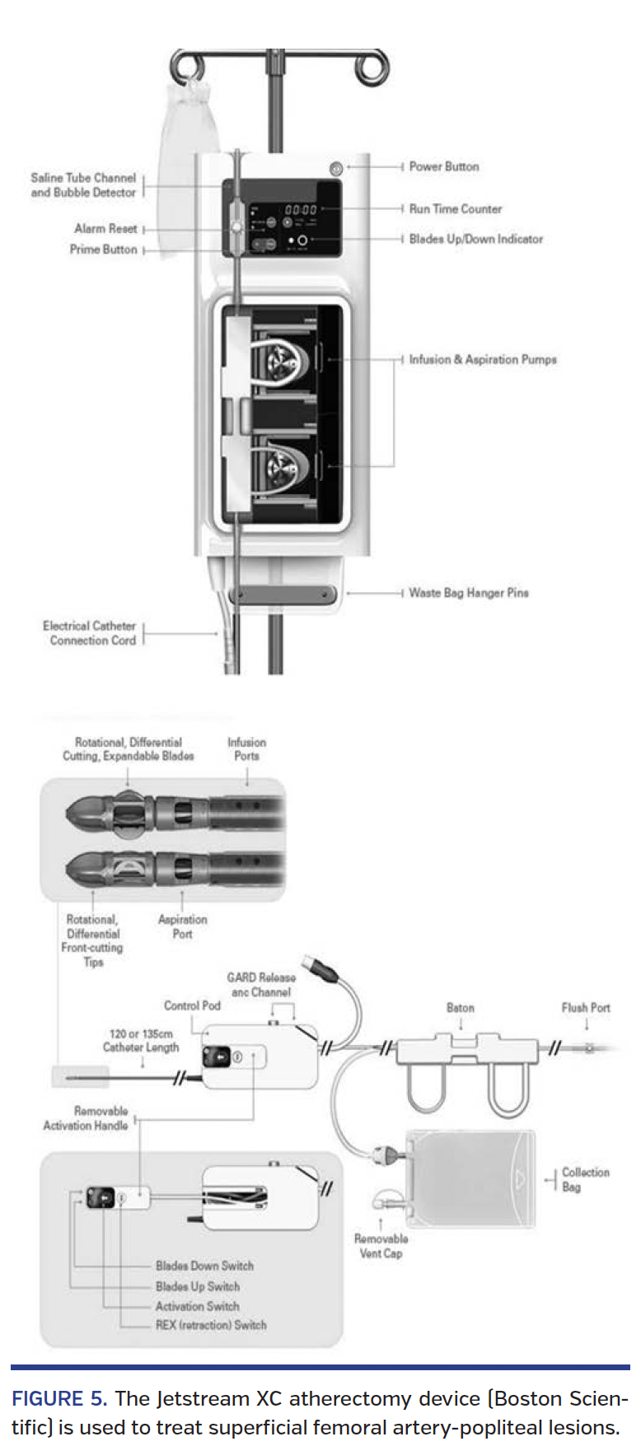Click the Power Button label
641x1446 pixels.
coord(443,166)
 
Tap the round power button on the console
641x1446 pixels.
coord(335,169)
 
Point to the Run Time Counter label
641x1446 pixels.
coord(455,209)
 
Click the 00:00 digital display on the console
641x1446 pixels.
coord(301,210)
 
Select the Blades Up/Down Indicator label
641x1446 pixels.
coord(475,239)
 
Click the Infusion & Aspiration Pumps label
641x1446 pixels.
coord(482,360)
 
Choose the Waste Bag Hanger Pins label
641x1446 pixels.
coord(468,593)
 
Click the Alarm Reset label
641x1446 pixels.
coord(105,229)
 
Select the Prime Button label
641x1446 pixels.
coord(103,250)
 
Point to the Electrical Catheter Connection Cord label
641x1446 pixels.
coord(90,633)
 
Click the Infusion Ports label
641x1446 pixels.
coord(246,749)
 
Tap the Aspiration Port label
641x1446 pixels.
coord(182,926)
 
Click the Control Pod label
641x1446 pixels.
coord(192,1005)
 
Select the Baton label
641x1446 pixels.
coord(460,1008)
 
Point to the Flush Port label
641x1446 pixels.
coord(586,1008)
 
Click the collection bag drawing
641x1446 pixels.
coord(470,1179)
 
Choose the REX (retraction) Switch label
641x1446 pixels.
coord(211,1325)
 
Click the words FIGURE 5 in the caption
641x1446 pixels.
coord(58,1399)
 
